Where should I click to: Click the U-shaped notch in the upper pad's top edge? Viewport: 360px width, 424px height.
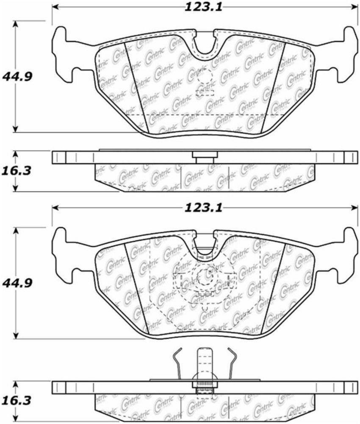point(205,44)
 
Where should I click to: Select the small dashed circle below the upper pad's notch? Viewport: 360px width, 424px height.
point(205,77)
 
